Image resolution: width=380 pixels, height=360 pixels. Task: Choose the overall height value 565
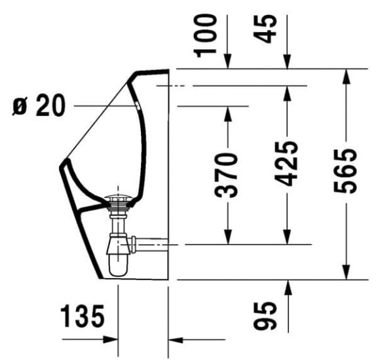tap(346, 171)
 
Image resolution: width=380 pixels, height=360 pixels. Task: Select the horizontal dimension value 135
tap(83, 318)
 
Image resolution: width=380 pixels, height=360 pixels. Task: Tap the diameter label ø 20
tap(39, 105)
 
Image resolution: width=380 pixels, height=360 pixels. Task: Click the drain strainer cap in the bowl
tap(122, 196)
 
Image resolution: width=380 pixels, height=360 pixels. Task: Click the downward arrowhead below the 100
tap(227, 63)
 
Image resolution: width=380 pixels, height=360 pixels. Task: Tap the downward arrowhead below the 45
tap(286, 63)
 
